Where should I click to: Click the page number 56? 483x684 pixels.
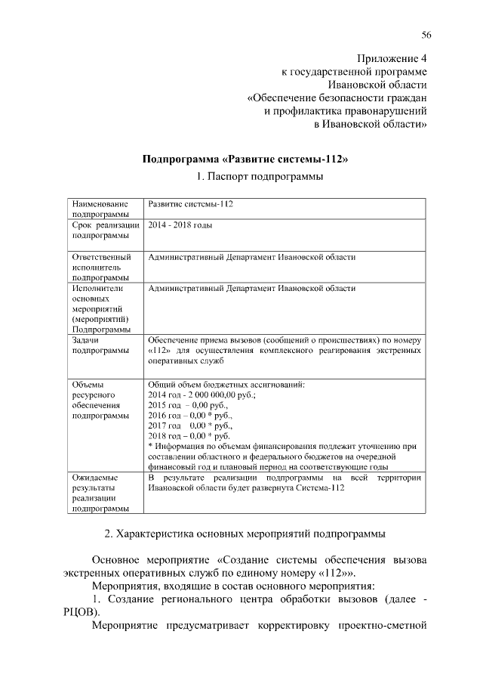[426, 36]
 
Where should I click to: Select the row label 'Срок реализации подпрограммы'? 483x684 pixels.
[104, 231]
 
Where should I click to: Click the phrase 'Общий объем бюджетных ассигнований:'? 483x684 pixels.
[226, 385]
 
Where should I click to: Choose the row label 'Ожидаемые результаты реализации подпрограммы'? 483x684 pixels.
[96, 494]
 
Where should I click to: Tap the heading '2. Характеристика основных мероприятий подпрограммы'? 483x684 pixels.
[245, 534]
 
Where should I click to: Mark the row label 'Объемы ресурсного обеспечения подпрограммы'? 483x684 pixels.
[97, 400]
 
